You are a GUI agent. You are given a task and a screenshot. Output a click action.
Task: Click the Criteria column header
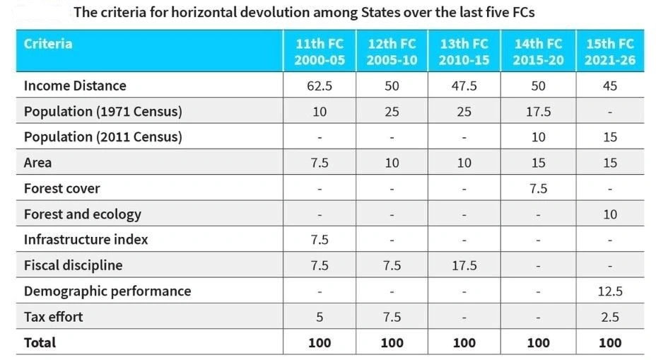pos(48,44)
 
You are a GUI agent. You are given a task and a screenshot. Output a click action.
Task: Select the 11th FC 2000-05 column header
pos(320,52)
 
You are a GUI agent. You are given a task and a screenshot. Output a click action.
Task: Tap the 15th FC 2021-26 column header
pos(609,52)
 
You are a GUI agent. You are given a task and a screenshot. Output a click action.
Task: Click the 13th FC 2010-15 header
pos(464,52)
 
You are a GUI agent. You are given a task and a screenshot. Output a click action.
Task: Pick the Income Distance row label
pos(75,86)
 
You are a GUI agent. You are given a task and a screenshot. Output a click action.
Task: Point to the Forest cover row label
pos(61,188)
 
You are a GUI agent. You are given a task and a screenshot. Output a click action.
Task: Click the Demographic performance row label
pos(107,291)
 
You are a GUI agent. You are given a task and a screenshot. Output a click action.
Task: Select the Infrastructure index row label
pos(86,239)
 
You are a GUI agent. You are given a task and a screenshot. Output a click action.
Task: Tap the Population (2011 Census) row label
pos(102,137)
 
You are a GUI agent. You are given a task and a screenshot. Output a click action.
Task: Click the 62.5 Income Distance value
pos(320,86)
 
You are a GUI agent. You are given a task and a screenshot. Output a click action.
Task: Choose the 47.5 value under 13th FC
pos(464,86)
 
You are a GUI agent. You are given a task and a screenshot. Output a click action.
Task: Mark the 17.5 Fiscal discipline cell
pos(464,265)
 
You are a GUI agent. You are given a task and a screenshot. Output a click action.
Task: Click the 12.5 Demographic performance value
pos(609,291)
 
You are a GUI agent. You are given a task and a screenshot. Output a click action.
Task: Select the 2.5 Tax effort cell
pos(609,317)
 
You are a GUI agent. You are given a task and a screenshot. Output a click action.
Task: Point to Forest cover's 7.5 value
pos(538,188)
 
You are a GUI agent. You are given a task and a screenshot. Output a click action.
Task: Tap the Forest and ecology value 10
pos(609,214)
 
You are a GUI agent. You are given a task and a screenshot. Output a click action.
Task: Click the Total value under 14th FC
pos(538,343)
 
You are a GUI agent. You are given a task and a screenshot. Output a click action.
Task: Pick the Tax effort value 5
pos(320,317)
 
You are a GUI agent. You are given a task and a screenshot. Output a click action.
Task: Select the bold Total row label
pos(40,343)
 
